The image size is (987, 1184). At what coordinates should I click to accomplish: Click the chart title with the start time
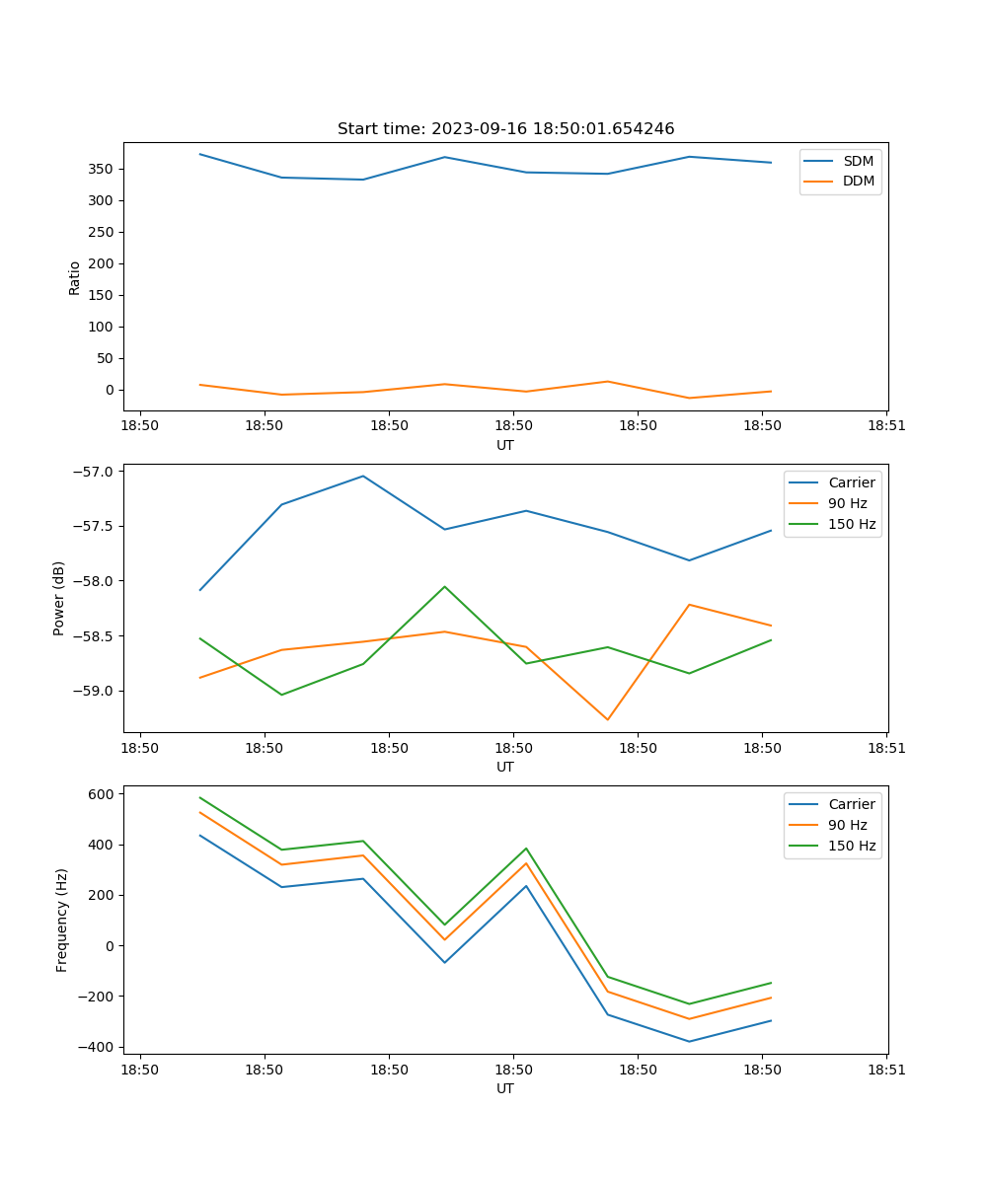[505, 129]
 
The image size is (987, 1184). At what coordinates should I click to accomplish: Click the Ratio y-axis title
[75, 277]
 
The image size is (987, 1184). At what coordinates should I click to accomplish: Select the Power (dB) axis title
[59, 598]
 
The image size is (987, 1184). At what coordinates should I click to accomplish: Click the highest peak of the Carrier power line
[363, 476]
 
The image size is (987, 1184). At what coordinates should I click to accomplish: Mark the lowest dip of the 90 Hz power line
[608, 720]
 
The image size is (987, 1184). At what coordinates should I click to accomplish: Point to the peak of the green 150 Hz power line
[445, 586]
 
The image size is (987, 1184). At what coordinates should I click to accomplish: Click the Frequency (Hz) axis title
[61, 920]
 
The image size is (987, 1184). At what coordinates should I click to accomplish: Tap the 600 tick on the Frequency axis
[102, 793]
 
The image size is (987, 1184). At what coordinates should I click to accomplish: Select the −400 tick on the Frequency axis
[97, 1047]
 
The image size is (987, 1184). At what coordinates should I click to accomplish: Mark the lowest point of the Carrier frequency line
[689, 1041]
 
